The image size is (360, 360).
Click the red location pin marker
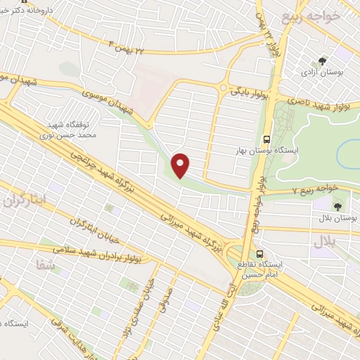181,165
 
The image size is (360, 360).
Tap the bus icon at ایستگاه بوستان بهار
266,139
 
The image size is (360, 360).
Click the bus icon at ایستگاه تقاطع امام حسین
260,254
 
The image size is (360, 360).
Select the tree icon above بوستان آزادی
323,61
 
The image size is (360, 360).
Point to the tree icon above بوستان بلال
337,207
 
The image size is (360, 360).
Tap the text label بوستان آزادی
322,72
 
